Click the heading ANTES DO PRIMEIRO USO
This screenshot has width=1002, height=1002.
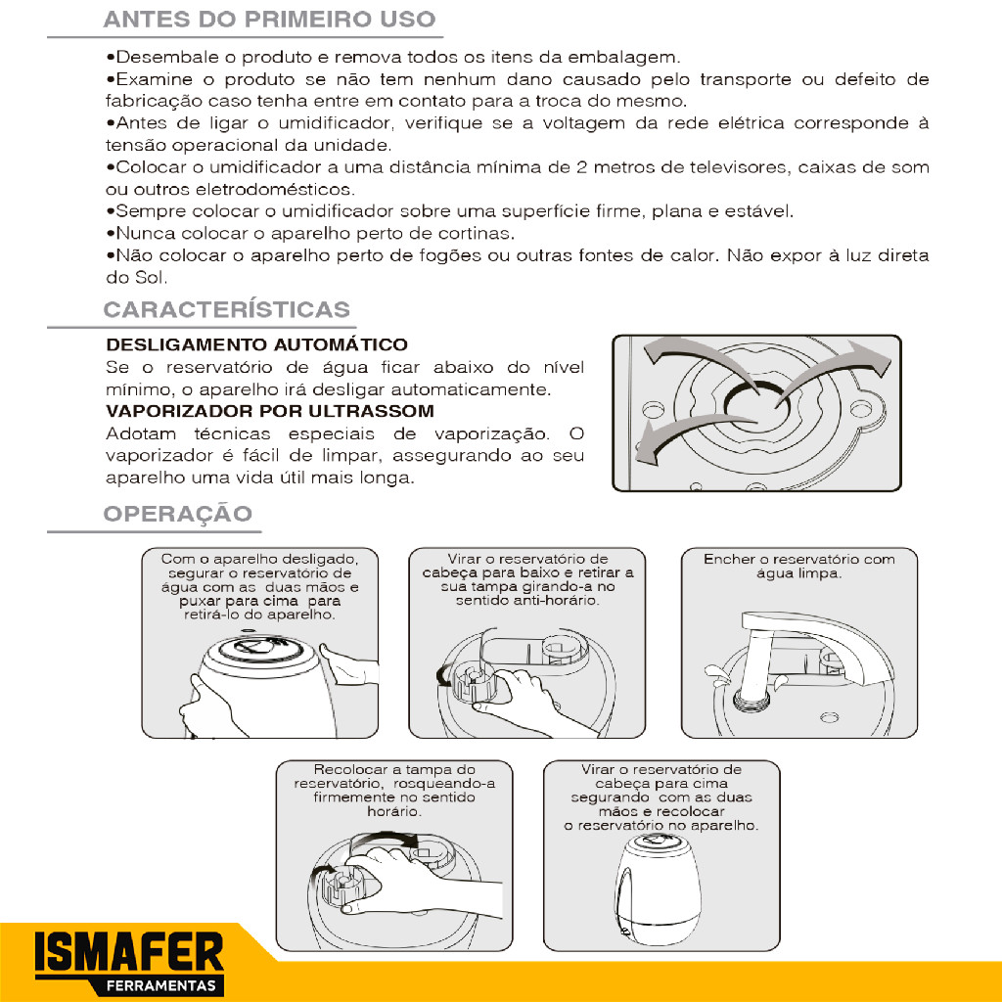[269, 20]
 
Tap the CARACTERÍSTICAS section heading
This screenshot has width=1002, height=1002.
[227, 309]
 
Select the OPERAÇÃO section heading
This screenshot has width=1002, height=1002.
[178, 514]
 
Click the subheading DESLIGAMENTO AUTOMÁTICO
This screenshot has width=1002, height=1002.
[257, 345]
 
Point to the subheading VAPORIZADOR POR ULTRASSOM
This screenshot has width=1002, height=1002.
[270, 411]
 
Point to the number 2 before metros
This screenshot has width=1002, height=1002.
[581, 167]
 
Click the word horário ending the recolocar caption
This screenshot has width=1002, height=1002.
[394, 811]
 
